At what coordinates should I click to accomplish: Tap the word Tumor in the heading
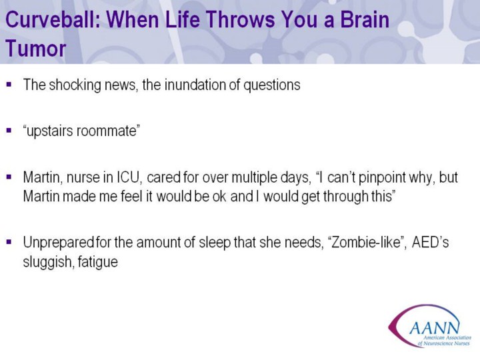click(x=35, y=49)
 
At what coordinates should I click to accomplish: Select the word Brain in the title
click(x=365, y=19)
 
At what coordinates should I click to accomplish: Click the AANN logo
click(x=430, y=325)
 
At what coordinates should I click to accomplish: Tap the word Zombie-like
click(x=366, y=242)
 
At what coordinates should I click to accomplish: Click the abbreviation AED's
click(x=431, y=242)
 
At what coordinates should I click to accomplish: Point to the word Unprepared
click(x=58, y=243)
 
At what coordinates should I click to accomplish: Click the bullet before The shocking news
click(x=9, y=84)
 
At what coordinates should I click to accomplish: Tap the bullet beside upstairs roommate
click(x=9, y=131)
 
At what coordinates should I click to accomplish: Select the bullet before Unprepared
click(x=9, y=242)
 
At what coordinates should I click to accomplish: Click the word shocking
click(x=75, y=85)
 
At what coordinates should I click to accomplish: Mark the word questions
click(x=272, y=85)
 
